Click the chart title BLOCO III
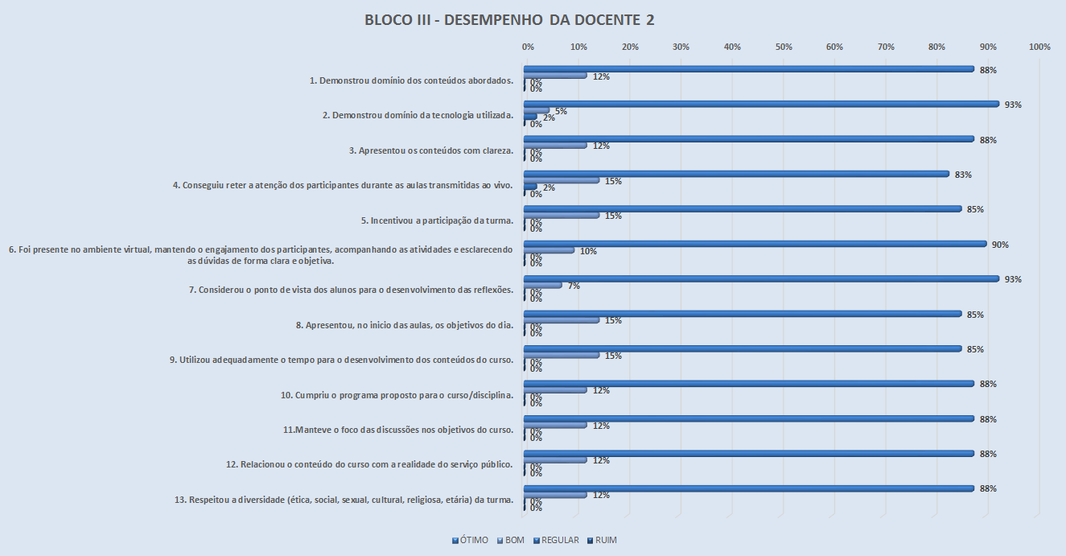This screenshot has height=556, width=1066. pos(509,20)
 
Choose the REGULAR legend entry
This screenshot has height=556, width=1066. pos(556,540)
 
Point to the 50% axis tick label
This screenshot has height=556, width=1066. pos(784,47)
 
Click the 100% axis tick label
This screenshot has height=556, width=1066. pos(1039,47)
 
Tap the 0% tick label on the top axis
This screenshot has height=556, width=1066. pos(528,47)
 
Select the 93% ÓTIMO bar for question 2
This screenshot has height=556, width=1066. pos(761,104)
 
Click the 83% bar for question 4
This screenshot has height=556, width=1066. pos(736,174)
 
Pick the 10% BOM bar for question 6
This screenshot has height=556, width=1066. pos(549,250)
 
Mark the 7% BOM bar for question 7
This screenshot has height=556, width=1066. pos(543,285)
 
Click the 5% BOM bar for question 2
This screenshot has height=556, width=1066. pos(537,110)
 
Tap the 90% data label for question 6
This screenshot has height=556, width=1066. pos(1000,245)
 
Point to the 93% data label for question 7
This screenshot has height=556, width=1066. pos(1012,279)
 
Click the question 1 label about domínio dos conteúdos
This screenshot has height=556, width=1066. pos(411,80)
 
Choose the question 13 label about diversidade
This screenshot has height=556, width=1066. pos(344,500)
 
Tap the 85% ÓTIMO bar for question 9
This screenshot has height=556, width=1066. pos(742,348)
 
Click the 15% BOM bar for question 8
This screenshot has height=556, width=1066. pos(562,320)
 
